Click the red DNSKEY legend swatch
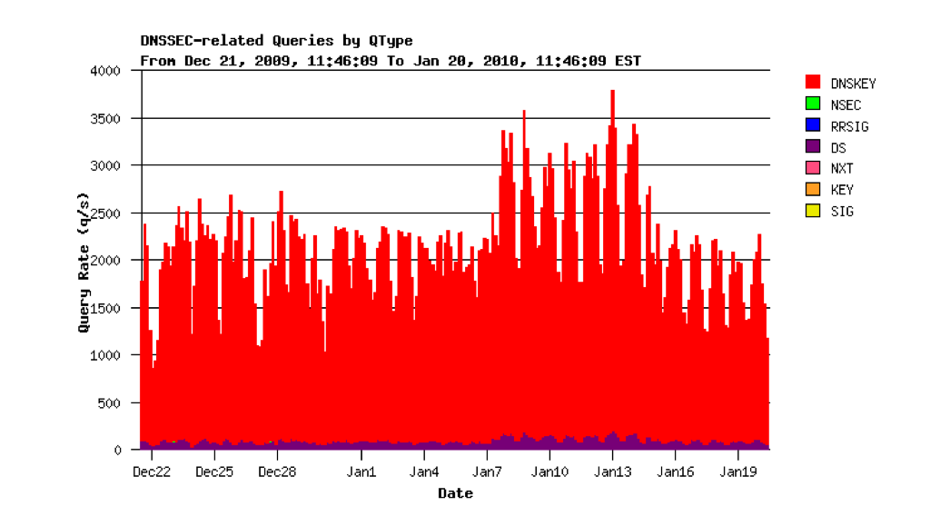[x=813, y=83]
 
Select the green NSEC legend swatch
[x=813, y=104]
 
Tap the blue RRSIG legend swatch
[x=813, y=125]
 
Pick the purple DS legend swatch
[x=813, y=147]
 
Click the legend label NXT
[x=842, y=168]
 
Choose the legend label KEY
[x=842, y=190]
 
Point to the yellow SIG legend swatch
[x=813, y=211]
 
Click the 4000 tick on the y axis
[x=106, y=71]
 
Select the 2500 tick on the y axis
[x=106, y=213]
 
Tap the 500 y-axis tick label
[x=110, y=402]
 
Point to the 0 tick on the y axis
[x=118, y=450]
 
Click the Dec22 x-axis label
[x=152, y=471]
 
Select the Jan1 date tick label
[x=361, y=471]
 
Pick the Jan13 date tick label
[x=613, y=471]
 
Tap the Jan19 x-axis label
[x=738, y=471]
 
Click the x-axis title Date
[x=455, y=493]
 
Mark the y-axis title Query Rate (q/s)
[x=84, y=262]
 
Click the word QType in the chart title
[x=391, y=41]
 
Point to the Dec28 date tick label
[x=277, y=471]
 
